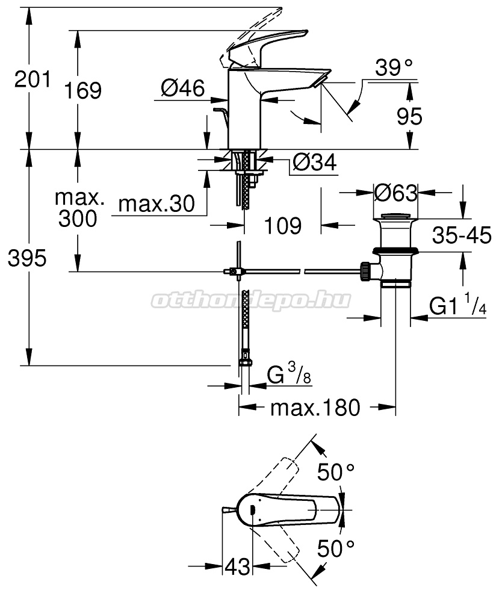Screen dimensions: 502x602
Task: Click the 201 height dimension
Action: pyautogui.click(x=33, y=79)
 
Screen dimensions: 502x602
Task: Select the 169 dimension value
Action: pyautogui.click(x=82, y=91)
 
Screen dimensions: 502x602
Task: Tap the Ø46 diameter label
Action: pyautogui.click(x=183, y=88)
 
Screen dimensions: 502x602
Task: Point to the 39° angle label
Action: pyautogui.click(x=394, y=68)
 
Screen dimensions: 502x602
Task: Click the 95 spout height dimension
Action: pyautogui.click(x=409, y=116)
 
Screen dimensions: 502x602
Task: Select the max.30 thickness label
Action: pyautogui.click(x=156, y=203)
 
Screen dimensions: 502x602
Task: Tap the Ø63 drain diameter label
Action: pyautogui.click(x=395, y=193)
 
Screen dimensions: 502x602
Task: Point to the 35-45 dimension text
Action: pyautogui.click(x=462, y=235)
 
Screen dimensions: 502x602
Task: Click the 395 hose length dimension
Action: pyautogui.click(x=27, y=258)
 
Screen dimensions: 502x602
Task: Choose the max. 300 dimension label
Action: pyautogui.click(x=78, y=208)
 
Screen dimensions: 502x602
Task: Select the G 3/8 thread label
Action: pyautogui.click(x=289, y=374)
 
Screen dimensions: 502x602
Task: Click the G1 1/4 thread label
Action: pyautogui.click(x=457, y=303)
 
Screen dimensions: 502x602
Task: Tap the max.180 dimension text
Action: pyautogui.click(x=315, y=408)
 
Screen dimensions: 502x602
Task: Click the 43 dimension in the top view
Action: pyautogui.click(x=237, y=566)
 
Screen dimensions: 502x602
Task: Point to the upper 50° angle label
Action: pyautogui.click(x=336, y=472)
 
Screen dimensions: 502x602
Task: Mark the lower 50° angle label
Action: pyautogui.click(x=336, y=548)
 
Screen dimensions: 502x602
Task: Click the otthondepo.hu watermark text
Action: pyautogui.click(x=251, y=300)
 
